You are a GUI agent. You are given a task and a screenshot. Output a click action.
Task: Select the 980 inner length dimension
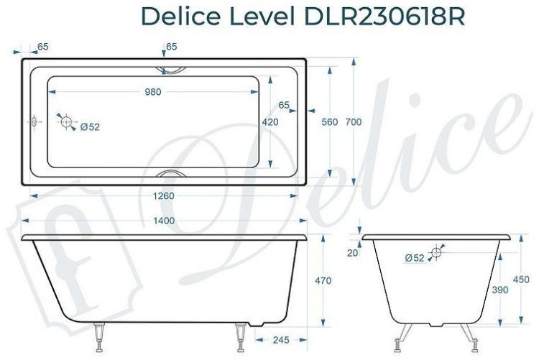[152, 91]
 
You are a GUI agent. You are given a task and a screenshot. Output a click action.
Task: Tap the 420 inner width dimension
[270, 122]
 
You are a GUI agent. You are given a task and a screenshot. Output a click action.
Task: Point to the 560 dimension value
[329, 122]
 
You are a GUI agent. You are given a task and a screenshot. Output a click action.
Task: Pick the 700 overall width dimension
[353, 122]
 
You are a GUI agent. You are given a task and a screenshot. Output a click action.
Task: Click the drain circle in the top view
[67, 122]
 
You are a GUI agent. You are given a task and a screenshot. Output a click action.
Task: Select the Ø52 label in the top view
[90, 127]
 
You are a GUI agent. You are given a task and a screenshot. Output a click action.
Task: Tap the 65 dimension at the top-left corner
[42, 47]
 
